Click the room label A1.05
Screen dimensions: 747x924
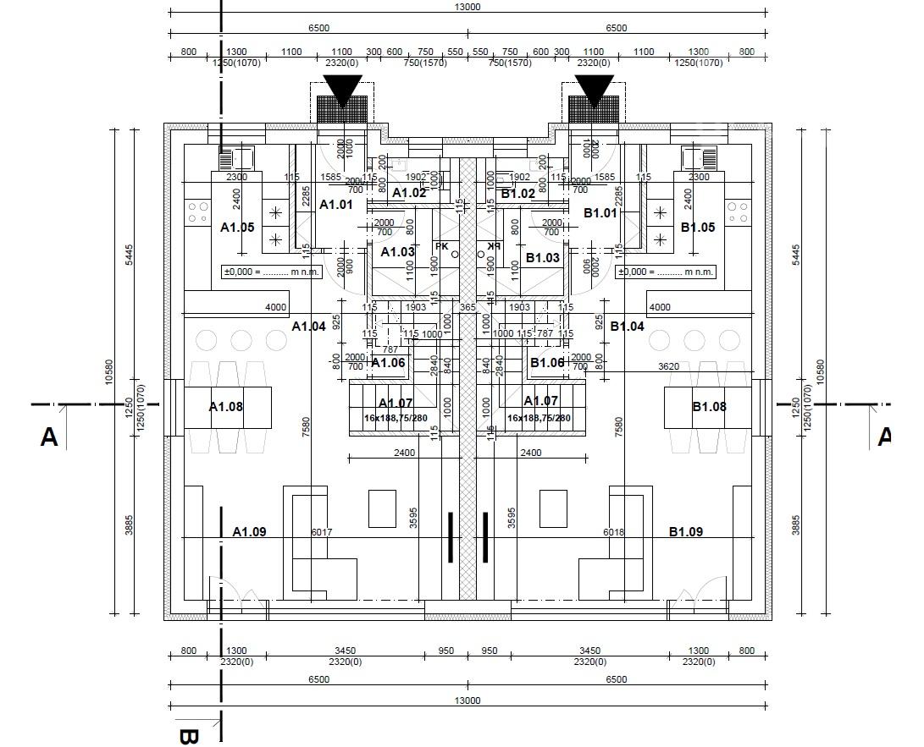click(237, 228)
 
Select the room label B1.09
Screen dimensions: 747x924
click(686, 532)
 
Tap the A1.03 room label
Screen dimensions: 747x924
click(397, 252)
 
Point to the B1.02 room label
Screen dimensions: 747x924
click(517, 194)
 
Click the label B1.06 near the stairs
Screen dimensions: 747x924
click(547, 363)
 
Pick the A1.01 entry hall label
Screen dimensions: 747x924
click(335, 205)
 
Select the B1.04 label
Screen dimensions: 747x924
click(627, 327)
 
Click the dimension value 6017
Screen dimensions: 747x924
click(322, 532)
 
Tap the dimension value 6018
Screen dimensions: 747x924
click(613, 532)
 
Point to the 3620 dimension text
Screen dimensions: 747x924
click(669, 366)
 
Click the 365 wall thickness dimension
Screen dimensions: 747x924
click(468, 308)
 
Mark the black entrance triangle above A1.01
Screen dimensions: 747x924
click(343, 91)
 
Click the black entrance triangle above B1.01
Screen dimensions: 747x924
click(594, 91)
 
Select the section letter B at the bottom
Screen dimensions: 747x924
click(188, 734)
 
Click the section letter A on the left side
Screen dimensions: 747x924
click(49, 437)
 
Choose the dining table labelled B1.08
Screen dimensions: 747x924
click(708, 407)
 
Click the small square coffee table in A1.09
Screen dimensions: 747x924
click(382, 508)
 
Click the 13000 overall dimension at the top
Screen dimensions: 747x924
click(468, 7)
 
